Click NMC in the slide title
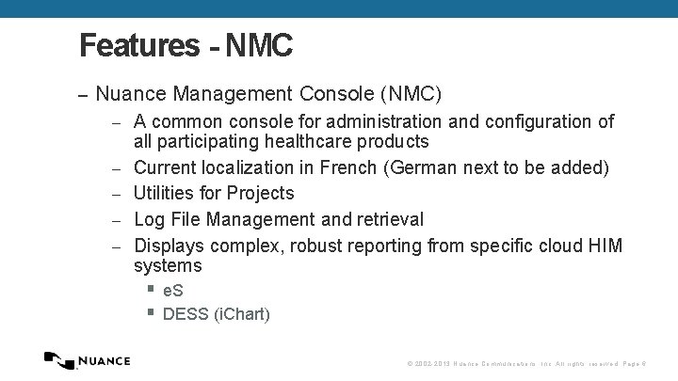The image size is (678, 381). tap(259, 45)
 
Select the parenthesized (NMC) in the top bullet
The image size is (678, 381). tap(411, 94)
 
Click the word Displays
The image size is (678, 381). tap(169, 246)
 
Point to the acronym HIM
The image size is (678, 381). tap(604, 246)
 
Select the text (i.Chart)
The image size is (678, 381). tap(241, 314)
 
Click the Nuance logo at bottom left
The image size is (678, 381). tap(88, 360)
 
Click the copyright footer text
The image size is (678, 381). tap(525, 363)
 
